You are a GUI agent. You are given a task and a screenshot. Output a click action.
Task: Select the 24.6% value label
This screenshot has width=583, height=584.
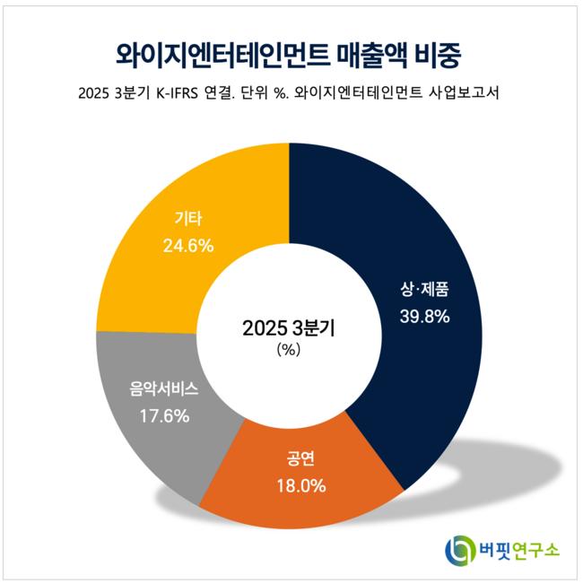click(188, 244)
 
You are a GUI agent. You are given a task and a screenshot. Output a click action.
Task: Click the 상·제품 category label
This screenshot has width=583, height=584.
click(424, 290)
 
